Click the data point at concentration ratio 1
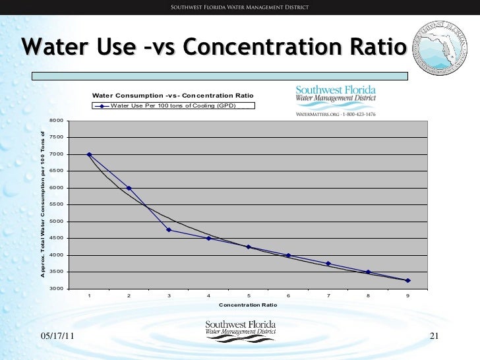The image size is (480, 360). click(89, 154)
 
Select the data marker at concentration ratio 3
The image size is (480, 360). click(169, 229)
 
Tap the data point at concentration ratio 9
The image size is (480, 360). click(408, 280)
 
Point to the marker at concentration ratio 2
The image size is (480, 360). click(129, 188)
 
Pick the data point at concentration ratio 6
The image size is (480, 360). click(288, 255)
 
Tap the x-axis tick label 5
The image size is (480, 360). click(249, 296)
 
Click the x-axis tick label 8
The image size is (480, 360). click(368, 296)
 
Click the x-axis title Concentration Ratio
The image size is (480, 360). click(248, 305)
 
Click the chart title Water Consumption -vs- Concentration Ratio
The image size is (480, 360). click(173, 96)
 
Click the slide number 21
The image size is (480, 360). click(434, 337)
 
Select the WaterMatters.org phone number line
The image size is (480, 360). click(336, 114)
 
